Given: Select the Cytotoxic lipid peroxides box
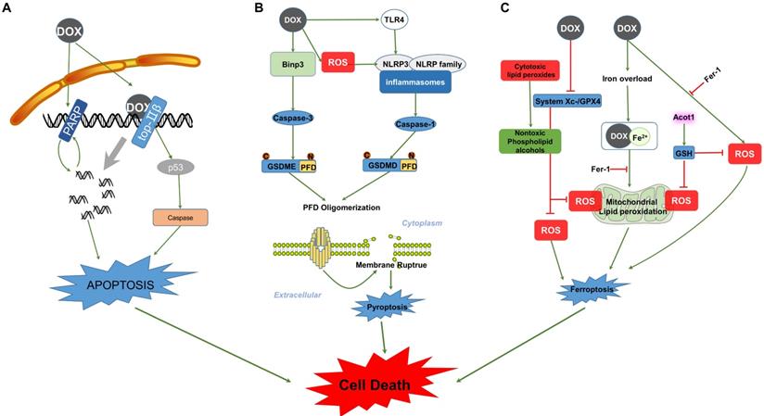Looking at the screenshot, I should pyautogui.click(x=529, y=71).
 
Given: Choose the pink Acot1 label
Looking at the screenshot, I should pyautogui.click(x=683, y=117).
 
